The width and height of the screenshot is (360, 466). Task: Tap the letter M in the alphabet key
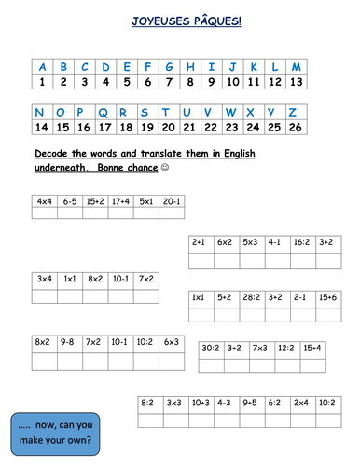(297, 66)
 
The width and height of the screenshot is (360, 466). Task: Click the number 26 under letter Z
(297, 127)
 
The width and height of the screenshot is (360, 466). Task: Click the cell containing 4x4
(45, 200)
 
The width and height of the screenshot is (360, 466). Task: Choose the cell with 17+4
(120, 200)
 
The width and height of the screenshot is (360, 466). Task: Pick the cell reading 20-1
(171, 200)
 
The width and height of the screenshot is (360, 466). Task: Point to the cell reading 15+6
(326, 297)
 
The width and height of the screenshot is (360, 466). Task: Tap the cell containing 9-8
(69, 342)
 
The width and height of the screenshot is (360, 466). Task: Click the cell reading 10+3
(199, 404)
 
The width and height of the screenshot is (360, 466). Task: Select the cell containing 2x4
(299, 404)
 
